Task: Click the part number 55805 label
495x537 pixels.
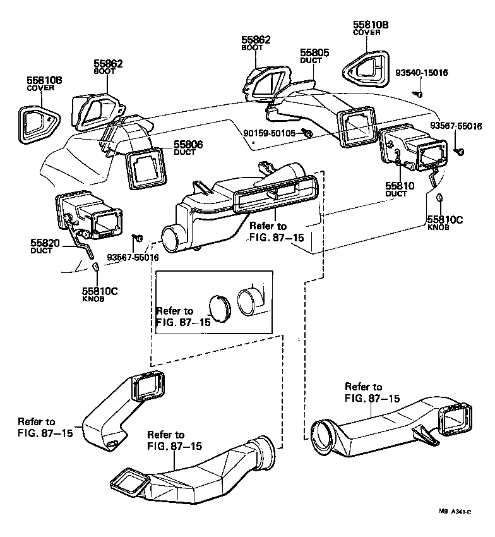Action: point(314,52)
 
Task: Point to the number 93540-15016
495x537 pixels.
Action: point(421,73)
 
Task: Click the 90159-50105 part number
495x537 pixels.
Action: point(270,133)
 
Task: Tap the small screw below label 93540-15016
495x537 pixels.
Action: point(417,94)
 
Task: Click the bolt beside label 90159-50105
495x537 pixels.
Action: point(307,133)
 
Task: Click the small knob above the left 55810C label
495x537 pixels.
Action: point(96,268)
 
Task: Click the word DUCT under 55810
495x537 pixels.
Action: point(397,194)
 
